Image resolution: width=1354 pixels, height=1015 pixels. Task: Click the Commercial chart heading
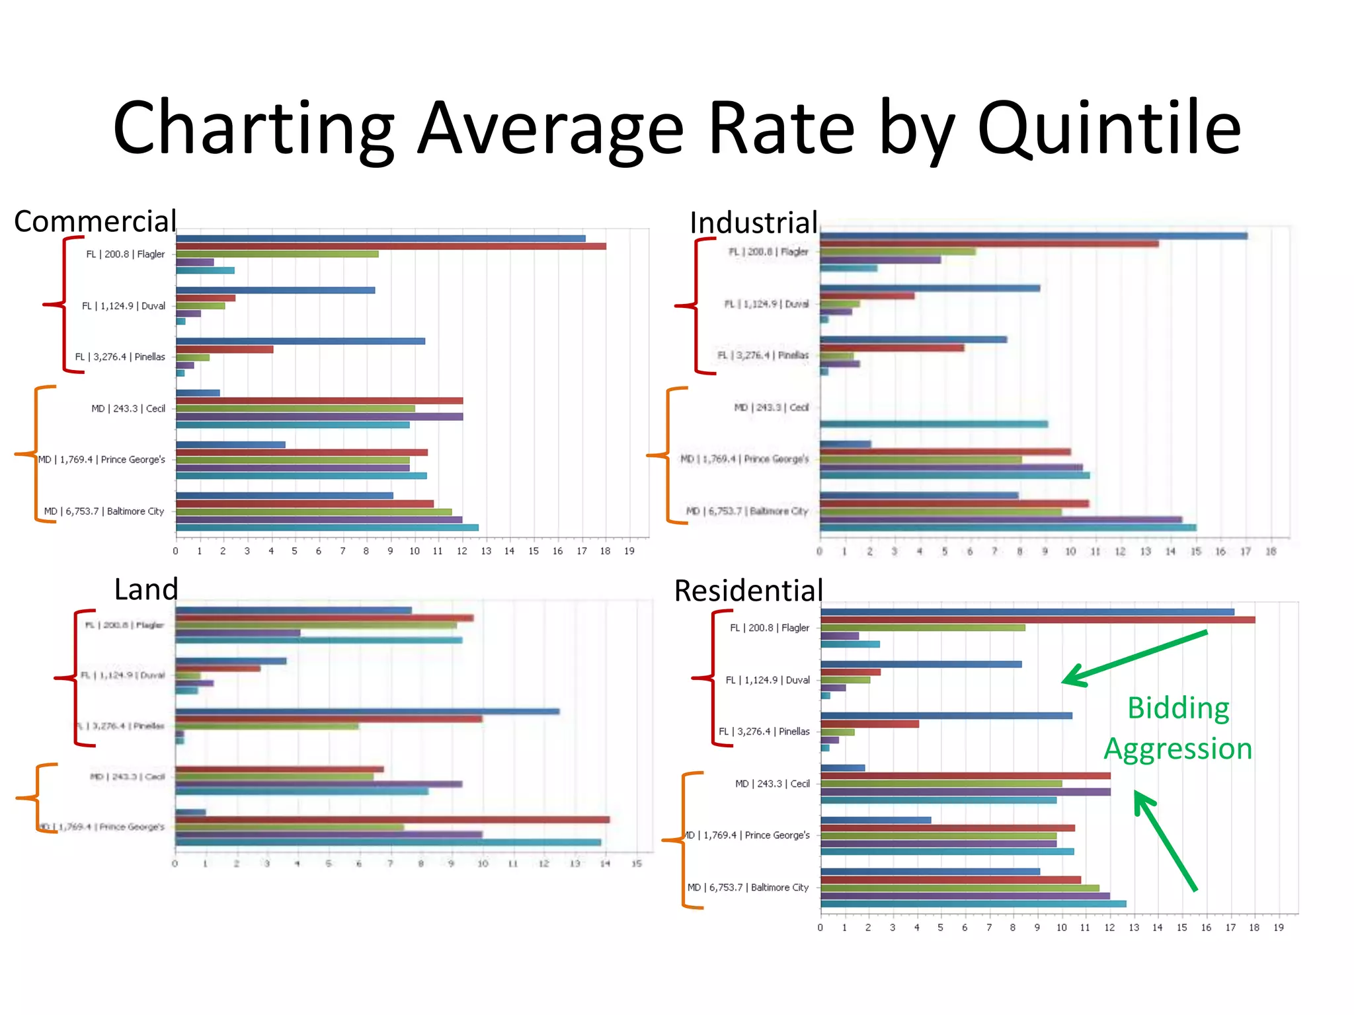pos(95,221)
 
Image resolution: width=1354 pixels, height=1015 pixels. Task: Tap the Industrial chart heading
pos(754,223)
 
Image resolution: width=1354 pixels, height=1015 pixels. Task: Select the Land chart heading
pos(146,589)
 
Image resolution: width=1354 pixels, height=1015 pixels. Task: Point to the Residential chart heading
pos(748,590)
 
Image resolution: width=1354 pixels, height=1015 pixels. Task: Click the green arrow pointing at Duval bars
pos(1135,658)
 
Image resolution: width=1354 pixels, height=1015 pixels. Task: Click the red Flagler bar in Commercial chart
pos(390,246)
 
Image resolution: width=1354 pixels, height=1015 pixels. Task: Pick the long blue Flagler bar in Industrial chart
pos(1033,236)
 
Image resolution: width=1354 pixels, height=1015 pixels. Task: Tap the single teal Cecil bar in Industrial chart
pos(934,424)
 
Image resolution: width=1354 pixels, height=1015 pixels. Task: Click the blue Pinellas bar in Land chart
pos(367,712)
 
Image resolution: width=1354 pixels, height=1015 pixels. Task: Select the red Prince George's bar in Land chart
pos(391,820)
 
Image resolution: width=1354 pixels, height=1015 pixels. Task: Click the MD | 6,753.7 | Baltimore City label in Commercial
pos(104,511)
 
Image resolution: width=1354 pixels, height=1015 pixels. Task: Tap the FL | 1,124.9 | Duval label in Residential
pos(768,680)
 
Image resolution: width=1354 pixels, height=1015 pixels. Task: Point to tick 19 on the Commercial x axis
pos(629,551)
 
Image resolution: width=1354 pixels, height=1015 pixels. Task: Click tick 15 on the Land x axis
pos(636,864)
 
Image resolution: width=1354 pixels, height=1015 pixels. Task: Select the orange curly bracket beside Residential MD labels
pos(684,840)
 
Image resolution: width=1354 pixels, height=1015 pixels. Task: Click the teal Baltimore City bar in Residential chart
pos(973,904)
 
